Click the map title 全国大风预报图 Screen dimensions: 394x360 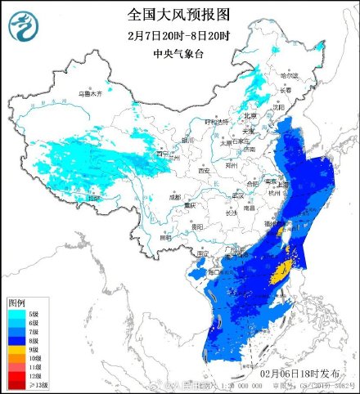click(x=179, y=15)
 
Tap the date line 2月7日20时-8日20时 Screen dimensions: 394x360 click(x=179, y=36)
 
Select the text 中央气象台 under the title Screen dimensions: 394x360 click(x=179, y=55)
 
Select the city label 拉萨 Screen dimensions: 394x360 click(x=96, y=197)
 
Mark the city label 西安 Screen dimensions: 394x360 click(x=203, y=170)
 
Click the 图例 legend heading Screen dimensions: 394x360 click(x=16, y=302)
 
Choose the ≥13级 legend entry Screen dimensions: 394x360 click(x=28, y=383)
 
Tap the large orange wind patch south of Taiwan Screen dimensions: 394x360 click(x=281, y=271)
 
